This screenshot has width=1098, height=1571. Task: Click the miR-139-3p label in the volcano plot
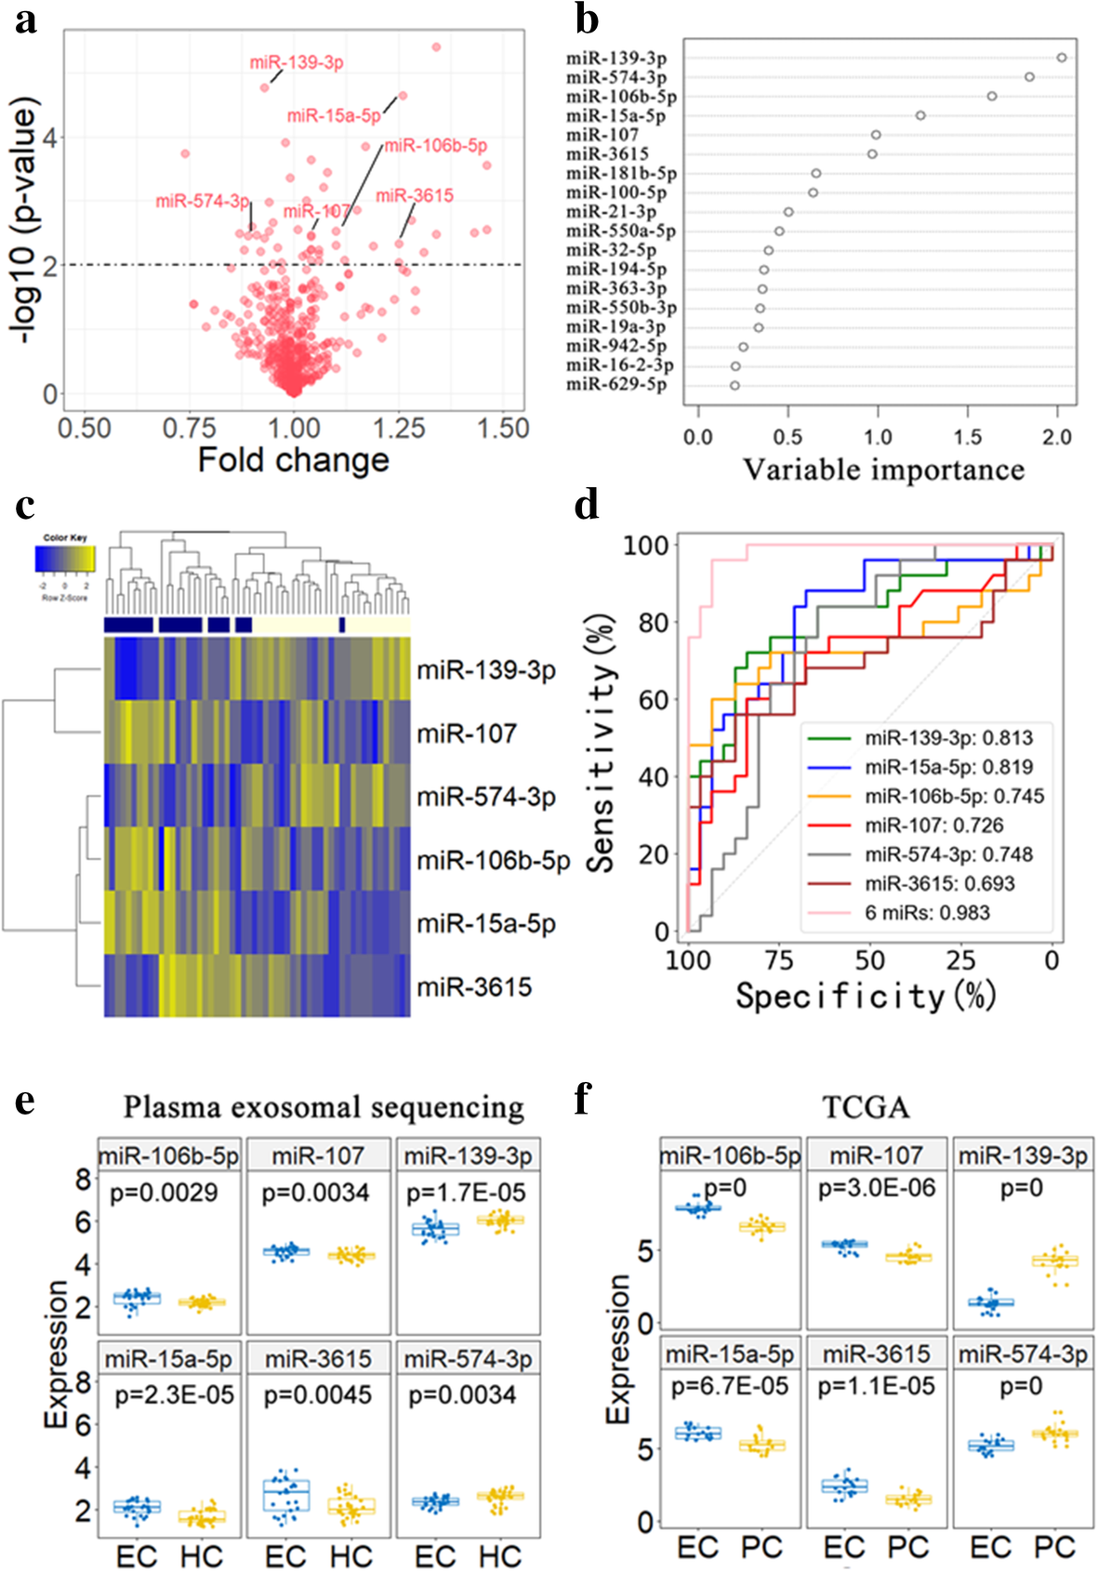tap(297, 62)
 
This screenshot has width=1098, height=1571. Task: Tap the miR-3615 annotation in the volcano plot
tap(415, 195)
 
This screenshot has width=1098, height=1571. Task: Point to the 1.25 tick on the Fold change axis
tap(399, 429)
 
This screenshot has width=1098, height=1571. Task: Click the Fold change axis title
tap(293, 461)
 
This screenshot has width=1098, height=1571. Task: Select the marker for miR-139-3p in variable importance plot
tap(1062, 58)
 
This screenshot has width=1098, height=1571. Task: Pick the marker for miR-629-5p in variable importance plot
tap(734, 385)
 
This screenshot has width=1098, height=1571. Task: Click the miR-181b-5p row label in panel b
tap(621, 173)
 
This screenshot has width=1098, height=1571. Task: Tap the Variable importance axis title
tap(882, 470)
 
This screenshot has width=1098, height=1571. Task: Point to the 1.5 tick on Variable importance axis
tap(967, 437)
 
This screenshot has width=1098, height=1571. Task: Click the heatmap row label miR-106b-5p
tap(493, 861)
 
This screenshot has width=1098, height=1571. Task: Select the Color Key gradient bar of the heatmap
tap(65, 558)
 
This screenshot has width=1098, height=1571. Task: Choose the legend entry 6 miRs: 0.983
tap(927, 913)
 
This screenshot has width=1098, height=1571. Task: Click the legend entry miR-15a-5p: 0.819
tap(948, 767)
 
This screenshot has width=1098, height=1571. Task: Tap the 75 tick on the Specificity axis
tap(779, 959)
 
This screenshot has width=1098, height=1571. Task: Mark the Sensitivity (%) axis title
tap(602, 743)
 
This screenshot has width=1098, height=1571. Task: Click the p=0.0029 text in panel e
tap(164, 1193)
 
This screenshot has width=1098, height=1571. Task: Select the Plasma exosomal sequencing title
tap(324, 1107)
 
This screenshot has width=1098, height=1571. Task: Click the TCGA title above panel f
tap(866, 1107)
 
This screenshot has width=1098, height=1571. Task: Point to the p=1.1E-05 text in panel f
tap(876, 1386)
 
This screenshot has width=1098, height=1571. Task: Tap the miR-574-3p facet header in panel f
tap(1023, 1353)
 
